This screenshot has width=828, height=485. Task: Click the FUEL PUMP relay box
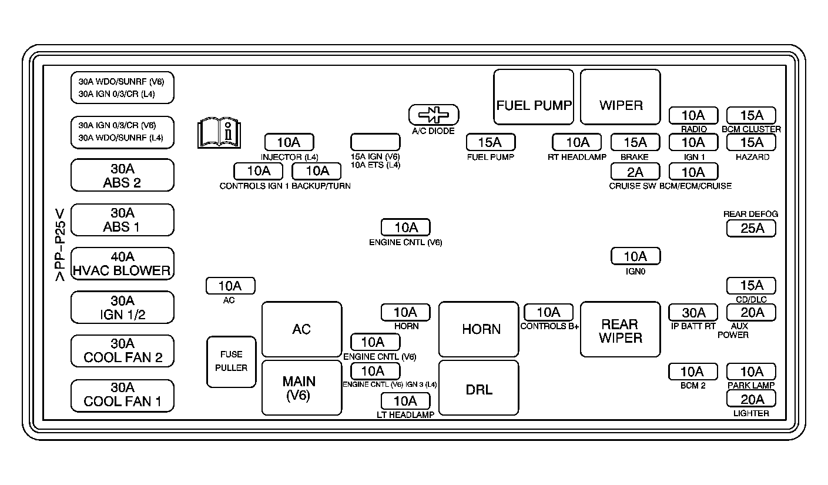[534, 97]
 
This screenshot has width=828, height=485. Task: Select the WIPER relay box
[620, 97]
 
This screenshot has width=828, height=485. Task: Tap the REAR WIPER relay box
[620, 329]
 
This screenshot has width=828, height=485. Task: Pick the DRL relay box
[479, 388]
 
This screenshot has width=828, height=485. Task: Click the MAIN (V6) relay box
[301, 388]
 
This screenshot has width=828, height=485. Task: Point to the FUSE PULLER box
[232, 362]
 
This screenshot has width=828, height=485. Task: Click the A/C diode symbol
[434, 115]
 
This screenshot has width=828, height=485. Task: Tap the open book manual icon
[219, 133]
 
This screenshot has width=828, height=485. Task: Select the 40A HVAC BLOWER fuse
[122, 263]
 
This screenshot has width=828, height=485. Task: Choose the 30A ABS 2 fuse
[122, 175]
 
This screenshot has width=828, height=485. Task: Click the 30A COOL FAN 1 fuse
[122, 396]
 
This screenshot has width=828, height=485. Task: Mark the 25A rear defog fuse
[751, 229]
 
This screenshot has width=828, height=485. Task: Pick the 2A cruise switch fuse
[635, 172]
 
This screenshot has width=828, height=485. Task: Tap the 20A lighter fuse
[751, 399]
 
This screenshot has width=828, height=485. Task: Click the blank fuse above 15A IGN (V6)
[375, 142]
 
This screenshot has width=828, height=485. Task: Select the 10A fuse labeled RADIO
[693, 115]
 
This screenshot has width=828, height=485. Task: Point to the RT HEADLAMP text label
[577, 157]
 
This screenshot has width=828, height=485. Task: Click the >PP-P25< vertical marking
[60, 245]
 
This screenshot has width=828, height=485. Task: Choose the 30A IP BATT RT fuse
[693, 313]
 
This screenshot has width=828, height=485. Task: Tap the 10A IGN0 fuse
[635, 256]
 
